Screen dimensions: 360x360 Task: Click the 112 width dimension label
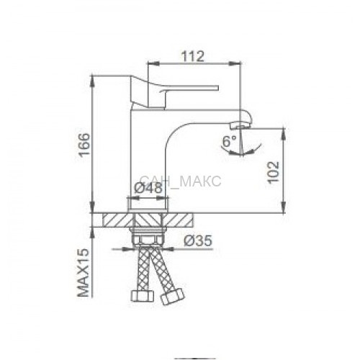193,56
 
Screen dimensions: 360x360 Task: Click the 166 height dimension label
84,145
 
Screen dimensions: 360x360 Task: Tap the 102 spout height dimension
274,172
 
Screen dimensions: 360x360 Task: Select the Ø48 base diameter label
148,188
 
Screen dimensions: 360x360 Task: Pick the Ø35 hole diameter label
198,240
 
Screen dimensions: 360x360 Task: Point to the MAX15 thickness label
83,273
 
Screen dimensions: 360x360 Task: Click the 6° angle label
230,141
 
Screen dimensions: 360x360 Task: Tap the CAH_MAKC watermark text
180,181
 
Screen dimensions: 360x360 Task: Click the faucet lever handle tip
217,88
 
